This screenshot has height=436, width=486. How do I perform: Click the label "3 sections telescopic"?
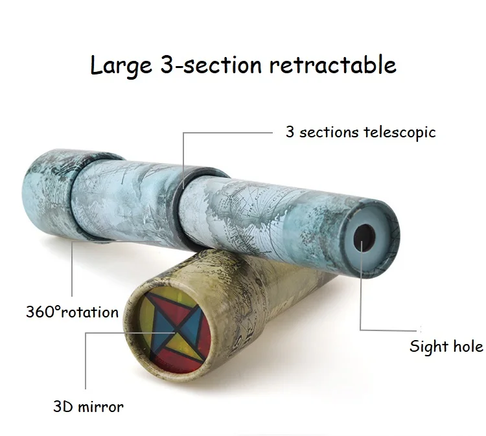360,132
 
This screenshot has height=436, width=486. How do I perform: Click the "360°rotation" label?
72,312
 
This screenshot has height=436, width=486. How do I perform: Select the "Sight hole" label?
446,346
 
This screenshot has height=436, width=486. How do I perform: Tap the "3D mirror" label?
88,407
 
